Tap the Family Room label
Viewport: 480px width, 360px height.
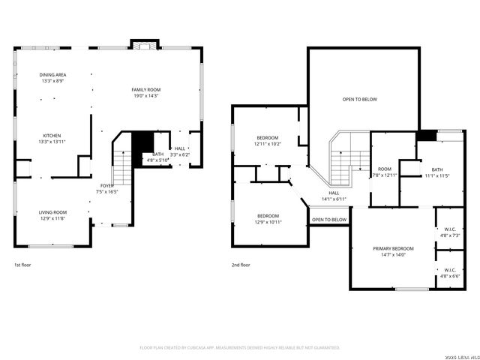(147, 92)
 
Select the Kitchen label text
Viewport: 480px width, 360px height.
(52, 138)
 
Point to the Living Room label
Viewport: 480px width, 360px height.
(52, 214)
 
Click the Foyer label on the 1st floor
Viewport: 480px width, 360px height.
(108, 188)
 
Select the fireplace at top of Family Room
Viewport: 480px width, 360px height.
(142, 45)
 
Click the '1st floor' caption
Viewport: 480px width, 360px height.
(22, 265)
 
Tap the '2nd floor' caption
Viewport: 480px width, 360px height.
(241, 265)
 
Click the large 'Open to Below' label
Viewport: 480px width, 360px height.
(360, 99)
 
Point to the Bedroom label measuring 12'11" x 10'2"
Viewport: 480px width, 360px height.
(268, 140)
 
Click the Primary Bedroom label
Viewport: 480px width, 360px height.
(393, 250)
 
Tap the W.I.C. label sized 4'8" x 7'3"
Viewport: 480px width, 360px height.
(450, 232)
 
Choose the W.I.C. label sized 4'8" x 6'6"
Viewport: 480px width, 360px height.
(450, 273)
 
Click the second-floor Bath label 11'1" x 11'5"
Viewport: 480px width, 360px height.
(436, 172)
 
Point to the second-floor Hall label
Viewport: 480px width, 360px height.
(334, 196)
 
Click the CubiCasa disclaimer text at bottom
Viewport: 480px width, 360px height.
(240, 347)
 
